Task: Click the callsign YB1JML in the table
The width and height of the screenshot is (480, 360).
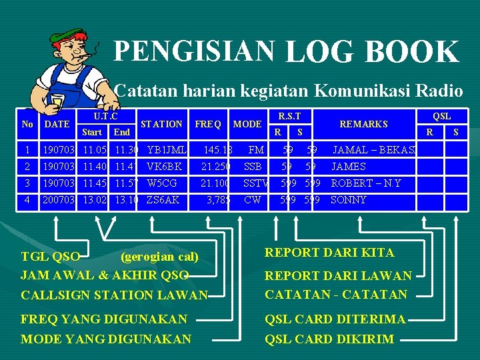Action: pos(166,149)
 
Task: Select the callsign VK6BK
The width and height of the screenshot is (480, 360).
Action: pos(163,166)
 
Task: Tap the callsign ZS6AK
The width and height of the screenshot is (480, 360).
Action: pos(163,199)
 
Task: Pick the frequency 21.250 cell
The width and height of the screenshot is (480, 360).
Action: pos(215,166)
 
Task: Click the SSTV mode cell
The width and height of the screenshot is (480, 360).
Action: pos(255,183)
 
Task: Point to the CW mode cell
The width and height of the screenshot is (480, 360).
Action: pos(253,199)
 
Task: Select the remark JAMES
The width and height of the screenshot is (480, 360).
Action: pos(349,166)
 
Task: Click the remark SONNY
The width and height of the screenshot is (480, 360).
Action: pos(349,199)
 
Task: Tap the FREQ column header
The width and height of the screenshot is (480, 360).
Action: pos(208,124)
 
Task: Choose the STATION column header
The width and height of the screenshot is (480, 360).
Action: pos(161,124)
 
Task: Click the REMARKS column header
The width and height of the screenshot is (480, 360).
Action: pos(363,124)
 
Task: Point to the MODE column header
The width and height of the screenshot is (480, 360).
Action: pos(247,124)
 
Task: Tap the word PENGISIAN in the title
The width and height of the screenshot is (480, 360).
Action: pos(194,49)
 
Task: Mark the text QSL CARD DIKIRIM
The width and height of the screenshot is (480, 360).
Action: pos(329,339)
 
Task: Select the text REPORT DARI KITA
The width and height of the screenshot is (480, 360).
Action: pos(329,253)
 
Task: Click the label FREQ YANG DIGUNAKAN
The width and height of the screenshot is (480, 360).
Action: pos(104,319)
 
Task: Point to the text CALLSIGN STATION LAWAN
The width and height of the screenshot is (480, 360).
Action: pos(114,295)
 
